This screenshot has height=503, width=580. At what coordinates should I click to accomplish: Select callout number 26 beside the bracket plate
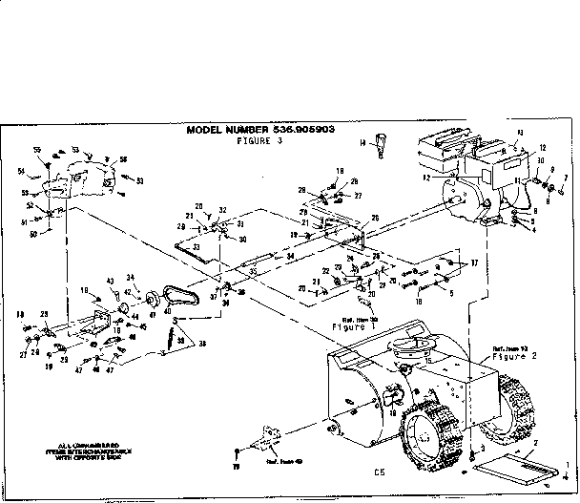(375, 219)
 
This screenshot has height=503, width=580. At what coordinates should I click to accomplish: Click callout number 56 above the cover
(123, 159)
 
